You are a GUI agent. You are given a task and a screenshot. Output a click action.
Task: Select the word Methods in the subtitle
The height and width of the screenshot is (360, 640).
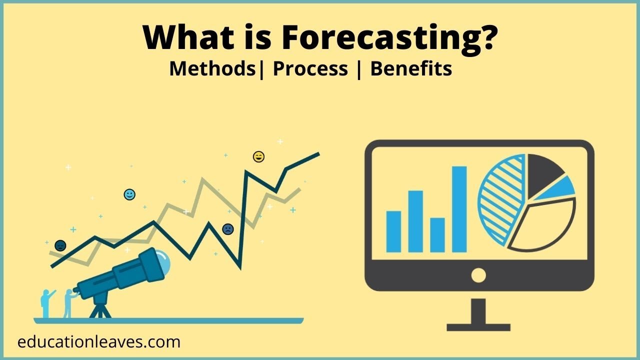click(212, 68)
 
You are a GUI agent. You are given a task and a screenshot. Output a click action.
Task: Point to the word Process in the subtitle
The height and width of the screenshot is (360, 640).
click(310, 68)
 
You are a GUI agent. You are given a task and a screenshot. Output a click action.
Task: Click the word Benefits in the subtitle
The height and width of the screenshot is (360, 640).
click(411, 68)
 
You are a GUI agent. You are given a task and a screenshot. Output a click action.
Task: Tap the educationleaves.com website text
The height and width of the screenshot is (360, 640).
click(98, 342)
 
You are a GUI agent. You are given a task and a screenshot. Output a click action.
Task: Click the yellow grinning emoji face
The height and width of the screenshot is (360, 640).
click(258, 157)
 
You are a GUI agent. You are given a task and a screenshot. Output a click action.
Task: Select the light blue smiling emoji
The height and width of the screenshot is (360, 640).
click(129, 194)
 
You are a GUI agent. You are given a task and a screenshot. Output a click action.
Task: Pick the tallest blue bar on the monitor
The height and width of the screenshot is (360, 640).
click(459, 209)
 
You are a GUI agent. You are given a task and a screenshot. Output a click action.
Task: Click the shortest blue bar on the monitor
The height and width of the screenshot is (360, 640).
click(437, 234)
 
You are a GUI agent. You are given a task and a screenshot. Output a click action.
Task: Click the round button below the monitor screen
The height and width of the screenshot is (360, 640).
click(478, 275)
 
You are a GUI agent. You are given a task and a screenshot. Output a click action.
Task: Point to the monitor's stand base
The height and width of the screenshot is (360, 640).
click(478, 326)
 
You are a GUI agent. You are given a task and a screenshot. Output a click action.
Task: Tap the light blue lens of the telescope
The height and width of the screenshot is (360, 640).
click(163, 260)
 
